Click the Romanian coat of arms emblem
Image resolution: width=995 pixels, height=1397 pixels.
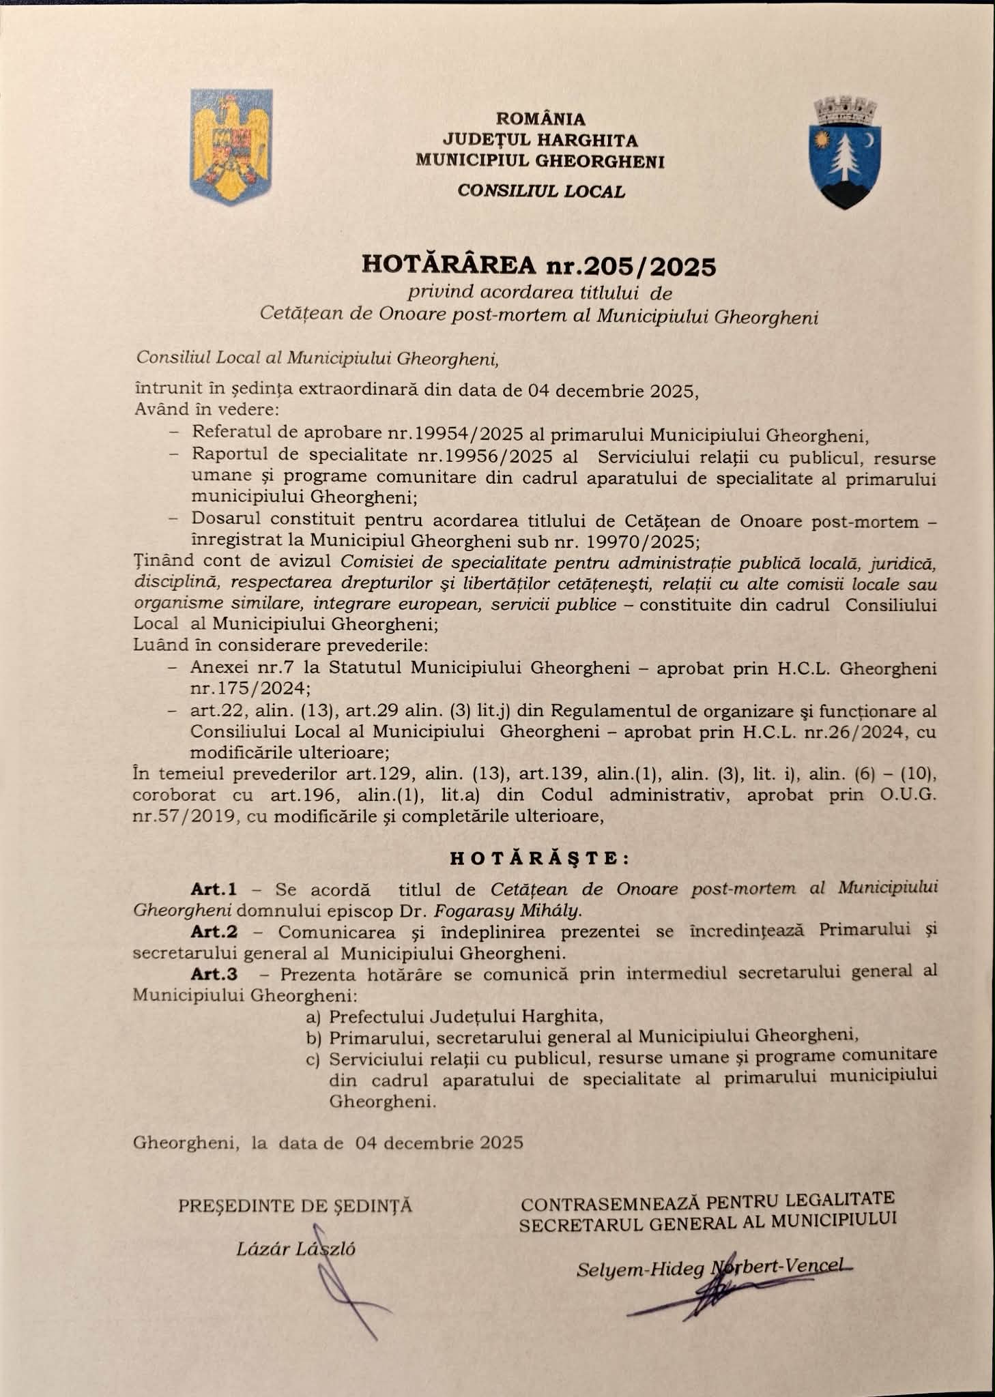[231, 145]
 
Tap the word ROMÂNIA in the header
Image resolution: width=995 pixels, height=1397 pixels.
[540, 119]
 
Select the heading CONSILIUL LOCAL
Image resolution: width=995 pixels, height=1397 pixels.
[541, 192]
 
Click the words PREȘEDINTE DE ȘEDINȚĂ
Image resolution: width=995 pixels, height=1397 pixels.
[295, 1206]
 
